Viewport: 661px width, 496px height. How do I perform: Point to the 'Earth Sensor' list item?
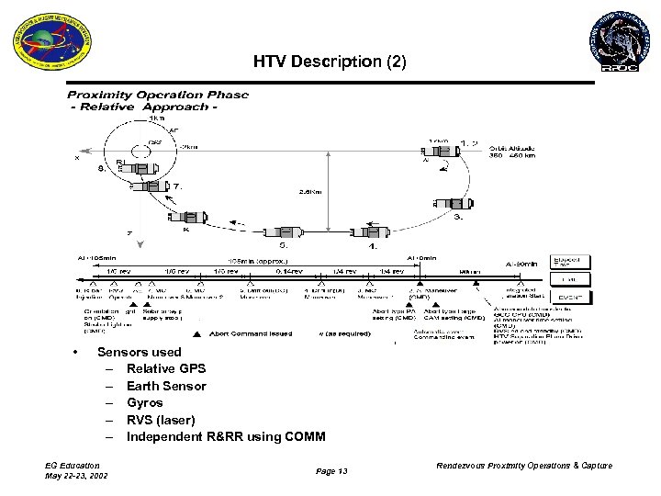pyautogui.click(x=166, y=386)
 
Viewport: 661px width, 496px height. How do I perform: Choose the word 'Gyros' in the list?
pyautogui.click(x=145, y=402)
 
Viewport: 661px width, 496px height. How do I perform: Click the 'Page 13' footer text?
pyautogui.click(x=331, y=470)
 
